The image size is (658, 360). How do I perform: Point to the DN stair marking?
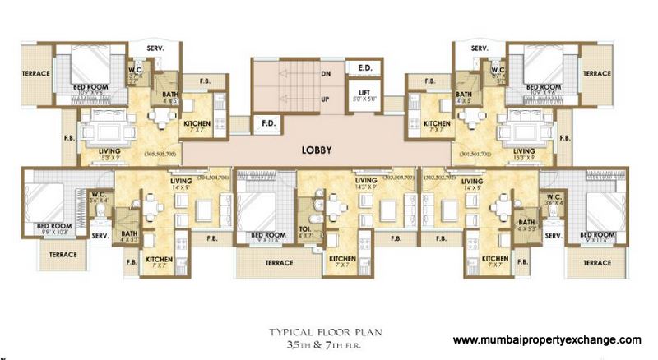pos(327,72)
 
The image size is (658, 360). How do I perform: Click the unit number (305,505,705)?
pos(160,154)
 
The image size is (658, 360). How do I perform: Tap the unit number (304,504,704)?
pos(212,175)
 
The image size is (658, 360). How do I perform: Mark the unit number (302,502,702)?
pos(439,175)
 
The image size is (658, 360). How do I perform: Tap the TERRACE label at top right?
pos(598,73)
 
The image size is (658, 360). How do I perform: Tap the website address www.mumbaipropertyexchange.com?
pos(547,339)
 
